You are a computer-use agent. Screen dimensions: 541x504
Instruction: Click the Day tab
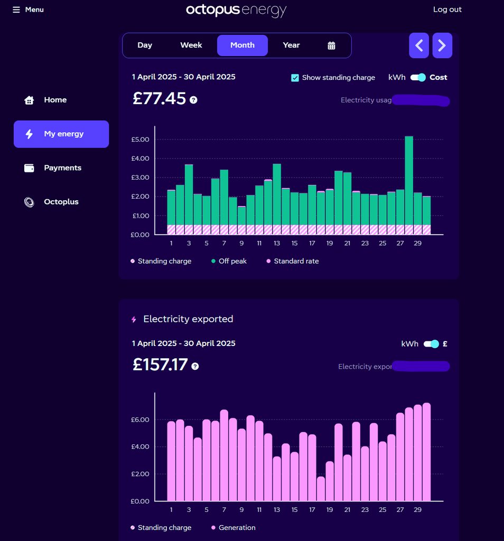pos(145,45)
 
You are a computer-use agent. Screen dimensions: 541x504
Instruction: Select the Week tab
pos(191,45)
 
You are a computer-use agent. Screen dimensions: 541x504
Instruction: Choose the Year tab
pos(291,45)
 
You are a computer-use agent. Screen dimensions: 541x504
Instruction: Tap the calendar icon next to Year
pos(331,45)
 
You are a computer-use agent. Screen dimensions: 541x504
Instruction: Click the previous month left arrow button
pos(419,45)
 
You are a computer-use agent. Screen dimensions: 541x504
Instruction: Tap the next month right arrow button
pos(442,45)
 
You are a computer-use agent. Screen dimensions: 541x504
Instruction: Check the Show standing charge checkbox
pos(295,78)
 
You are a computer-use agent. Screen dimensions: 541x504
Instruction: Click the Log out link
pos(447,10)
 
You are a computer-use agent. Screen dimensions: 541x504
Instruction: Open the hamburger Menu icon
pos(16,10)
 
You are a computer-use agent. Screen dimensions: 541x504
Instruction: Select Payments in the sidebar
pos(62,168)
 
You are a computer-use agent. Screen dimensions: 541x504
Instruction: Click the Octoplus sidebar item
pos(61,202)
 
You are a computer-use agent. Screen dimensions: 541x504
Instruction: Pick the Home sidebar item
pos(54,100)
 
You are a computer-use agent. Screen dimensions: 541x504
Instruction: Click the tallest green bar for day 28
pos(409,180)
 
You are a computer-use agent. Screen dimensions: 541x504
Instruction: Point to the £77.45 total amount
pos(160,99)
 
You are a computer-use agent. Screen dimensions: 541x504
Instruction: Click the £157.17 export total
pos(160,365)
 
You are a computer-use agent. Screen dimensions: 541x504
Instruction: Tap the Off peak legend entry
pos(232,261)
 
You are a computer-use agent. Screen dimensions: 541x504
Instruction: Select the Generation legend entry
pos(236,528)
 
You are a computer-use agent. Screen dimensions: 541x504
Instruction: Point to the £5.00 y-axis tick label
pos(141,139)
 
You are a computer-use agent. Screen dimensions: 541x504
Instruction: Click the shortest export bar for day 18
pos(321,489)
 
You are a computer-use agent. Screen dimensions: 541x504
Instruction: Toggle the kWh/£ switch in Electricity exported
pos(431,344)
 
